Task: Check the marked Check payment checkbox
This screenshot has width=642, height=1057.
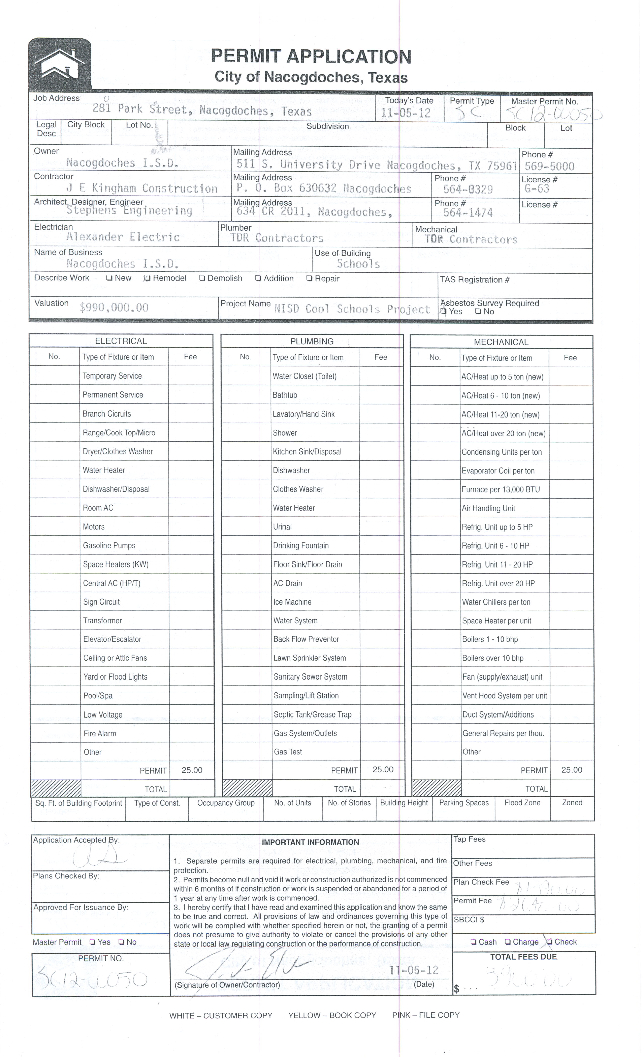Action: point(549,942)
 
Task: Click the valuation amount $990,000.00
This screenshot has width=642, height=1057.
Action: point(114,307)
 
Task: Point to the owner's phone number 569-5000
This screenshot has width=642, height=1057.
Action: point(549,166)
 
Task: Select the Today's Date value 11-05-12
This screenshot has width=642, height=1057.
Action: point(406,113)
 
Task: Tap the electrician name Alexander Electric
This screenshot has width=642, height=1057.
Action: point(123,237)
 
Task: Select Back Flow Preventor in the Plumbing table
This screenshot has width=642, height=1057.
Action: point(306,639)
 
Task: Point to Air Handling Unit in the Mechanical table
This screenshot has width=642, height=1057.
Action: point(488,508)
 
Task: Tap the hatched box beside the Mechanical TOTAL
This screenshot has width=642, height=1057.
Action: point(437,788)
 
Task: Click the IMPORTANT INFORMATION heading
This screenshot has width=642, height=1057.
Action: point(310,842)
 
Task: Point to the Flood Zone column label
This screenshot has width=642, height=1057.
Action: point(522,803)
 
